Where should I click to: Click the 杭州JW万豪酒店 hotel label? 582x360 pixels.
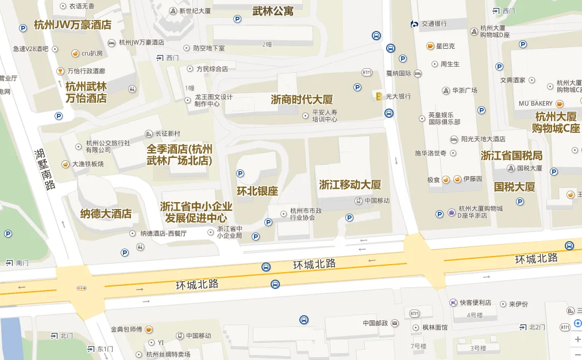pos(72,25)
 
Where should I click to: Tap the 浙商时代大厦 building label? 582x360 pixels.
pos(302,99)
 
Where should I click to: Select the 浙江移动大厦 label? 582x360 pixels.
pos(350,185)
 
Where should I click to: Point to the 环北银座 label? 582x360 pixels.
pos(257,191)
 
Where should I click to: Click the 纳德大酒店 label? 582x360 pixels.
pos(106,214)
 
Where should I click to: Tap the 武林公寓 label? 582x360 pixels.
pos(273,10)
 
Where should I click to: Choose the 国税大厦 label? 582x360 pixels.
pos(515,187)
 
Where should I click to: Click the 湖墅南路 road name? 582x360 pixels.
pos(45,169)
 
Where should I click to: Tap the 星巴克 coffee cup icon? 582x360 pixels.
pos(430,46)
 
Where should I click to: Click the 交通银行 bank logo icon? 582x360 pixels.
pos(414,24)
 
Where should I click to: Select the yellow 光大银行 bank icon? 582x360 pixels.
pos(378,96)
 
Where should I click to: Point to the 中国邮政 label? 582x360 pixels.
pos(376,323)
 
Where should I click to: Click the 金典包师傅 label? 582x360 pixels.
pos(126,330)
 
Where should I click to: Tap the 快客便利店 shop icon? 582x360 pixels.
pos(453,303)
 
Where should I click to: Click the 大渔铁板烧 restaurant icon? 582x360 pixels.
pos(65,164)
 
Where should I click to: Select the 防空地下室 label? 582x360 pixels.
pos(209,48)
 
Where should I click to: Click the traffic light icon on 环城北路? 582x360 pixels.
pos(81,288)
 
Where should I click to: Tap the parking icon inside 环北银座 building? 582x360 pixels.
pos(240,173)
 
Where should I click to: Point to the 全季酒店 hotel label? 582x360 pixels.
pos(179,154)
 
